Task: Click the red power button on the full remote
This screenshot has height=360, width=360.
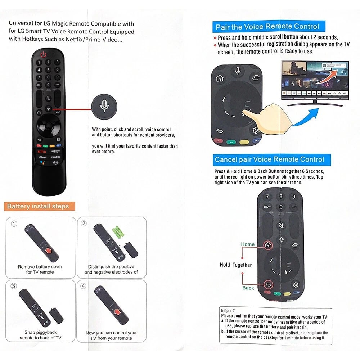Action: [44, 54]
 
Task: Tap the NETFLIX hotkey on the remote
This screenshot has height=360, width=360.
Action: [42, 152]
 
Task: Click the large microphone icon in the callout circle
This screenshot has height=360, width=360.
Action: [104, 106]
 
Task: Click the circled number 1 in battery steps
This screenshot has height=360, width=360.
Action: [14, 224]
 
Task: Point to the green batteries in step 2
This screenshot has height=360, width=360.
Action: [118, 231]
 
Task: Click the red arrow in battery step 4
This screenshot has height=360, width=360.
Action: [117, 312]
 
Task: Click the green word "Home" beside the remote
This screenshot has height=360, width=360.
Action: [248, 244]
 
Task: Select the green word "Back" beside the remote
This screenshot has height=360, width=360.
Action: [248, 288]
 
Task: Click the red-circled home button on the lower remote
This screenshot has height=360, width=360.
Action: [268, 245]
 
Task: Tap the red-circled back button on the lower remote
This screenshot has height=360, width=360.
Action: [268, 285]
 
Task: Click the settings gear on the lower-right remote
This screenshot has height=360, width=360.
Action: [296, 285]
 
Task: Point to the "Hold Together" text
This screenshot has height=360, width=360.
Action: [235, 265]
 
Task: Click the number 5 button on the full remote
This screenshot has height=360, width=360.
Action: [48, 70]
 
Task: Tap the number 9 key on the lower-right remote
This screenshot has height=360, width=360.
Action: [294, 197]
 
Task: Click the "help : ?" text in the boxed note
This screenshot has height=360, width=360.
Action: [228, 311]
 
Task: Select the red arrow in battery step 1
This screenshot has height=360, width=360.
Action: [49, 250]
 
